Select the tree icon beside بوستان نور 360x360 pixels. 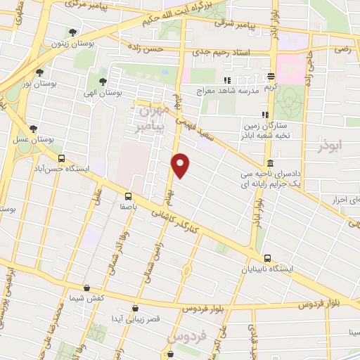pos(39,72)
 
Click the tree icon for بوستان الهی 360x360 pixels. pos(103,82)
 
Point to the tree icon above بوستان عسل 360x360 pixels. pos(33,128)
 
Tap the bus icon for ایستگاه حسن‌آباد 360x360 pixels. pos(62,158)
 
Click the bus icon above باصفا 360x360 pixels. pos(128,196)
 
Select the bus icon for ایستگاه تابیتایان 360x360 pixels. pos(266,258)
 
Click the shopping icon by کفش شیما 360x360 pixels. pos(86,288)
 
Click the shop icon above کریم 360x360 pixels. pos(271,76)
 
